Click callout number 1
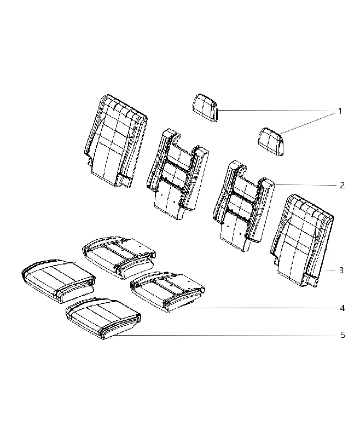click(x=340, y=111)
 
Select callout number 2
click(x=342, y=186)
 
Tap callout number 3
click(x=341, y=270)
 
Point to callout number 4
click(x=342, y=308)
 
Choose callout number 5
click(x=342, y=335)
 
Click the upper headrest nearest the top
click(x=205, y=108)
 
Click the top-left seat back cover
click(x=115, y=140)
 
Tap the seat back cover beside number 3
click(x=301, y=240)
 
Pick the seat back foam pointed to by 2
click(x=243, y=206)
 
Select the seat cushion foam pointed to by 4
click(x=167, y=292)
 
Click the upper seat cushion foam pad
click(x=119, y=257)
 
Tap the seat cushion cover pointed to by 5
click(x=103, y=318)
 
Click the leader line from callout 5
click(x=225, y=335)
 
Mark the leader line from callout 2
click(x=306, y=185)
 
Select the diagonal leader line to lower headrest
click(x=307, y=122)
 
